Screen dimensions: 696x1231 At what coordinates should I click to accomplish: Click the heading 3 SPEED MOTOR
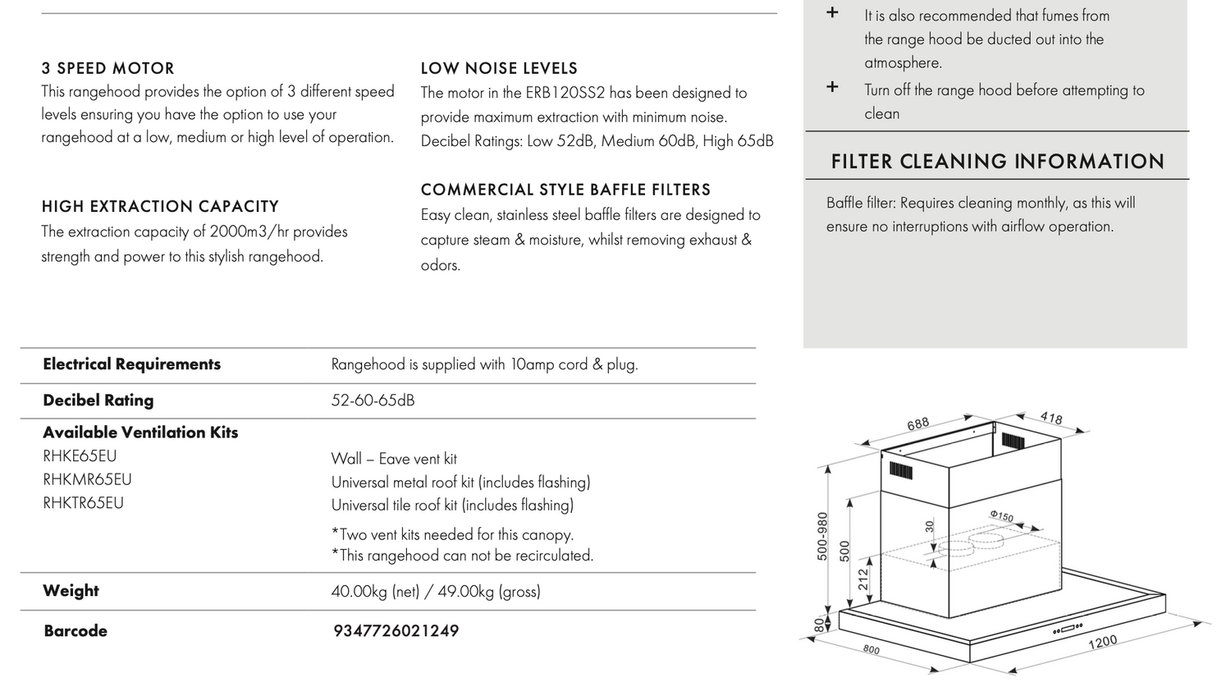coord(108,68)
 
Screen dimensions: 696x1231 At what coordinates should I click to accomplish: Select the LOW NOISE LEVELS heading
coord(499,68)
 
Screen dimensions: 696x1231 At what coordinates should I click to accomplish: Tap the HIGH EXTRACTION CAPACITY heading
coord(160,207)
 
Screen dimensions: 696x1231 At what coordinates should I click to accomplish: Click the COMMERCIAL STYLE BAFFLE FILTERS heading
coord(565,190)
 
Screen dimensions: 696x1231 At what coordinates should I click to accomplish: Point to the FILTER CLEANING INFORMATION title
coord(997,162)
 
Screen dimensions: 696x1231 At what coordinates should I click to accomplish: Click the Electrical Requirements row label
coord(131,364)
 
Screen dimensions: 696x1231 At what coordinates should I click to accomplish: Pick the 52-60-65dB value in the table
coord(373,401)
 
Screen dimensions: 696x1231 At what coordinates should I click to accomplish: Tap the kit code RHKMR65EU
coord(87,479)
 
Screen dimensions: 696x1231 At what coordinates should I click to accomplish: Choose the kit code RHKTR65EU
coord(83,503)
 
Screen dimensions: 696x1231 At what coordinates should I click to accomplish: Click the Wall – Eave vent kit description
coord(394,459)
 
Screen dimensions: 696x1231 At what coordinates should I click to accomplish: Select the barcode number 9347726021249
coord(396,631)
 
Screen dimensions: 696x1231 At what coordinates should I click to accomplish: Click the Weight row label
coord(71,591)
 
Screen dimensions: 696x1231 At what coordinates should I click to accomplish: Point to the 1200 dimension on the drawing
coord(1102,642)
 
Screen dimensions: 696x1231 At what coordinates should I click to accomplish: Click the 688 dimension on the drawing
coord(918,424)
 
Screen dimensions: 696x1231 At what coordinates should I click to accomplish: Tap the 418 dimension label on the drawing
coord(1051,419)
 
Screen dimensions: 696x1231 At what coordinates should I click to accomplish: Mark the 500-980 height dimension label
coord(822,536)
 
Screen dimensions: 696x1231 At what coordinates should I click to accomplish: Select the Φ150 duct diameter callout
coord(1001,516)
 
